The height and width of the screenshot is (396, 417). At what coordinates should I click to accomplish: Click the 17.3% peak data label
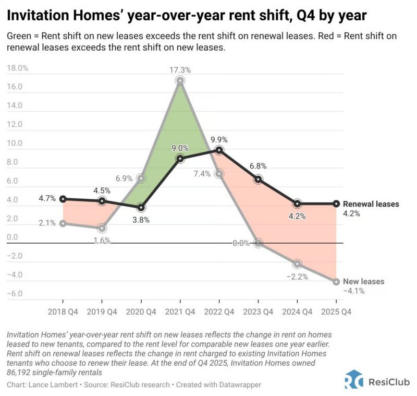(180, 69)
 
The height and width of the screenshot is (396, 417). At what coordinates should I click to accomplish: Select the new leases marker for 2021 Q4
(180, 80)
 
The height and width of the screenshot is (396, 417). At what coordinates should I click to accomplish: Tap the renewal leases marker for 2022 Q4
(219, 150)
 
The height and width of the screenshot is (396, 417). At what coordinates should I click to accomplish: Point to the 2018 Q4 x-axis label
(63, 311)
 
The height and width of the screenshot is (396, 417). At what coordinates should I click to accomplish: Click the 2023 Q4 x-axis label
(258, 311)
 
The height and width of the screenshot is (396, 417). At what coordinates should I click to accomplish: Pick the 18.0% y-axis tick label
(17, 68)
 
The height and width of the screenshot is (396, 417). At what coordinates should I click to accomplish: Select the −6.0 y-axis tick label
(14, 294)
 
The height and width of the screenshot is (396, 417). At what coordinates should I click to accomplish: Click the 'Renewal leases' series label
(371, 204)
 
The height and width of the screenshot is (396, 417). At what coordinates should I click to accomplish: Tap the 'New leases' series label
(363, 282)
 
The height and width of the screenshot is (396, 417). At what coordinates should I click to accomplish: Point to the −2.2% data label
(297, 275)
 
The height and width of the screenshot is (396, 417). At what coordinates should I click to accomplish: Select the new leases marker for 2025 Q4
(336, 282)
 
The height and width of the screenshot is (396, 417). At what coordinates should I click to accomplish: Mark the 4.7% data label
(47, 199)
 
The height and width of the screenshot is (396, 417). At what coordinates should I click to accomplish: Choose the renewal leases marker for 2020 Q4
(141, 207)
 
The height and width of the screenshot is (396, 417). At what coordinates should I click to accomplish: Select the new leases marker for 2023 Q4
(258, 243)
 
